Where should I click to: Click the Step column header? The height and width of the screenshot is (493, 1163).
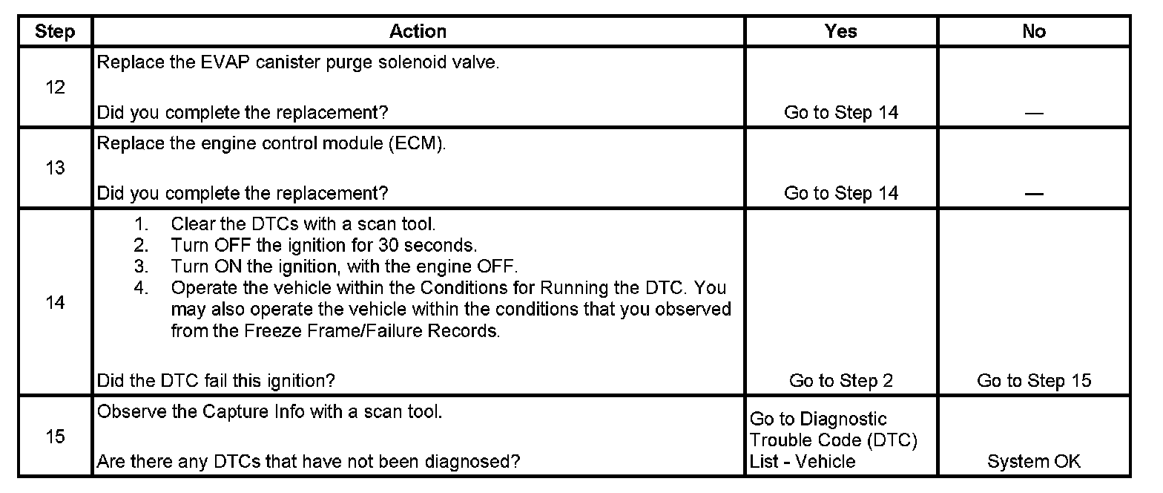click(55, 31)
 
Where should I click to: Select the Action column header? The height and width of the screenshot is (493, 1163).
click(418, 31)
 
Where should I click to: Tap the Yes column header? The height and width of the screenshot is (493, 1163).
click(840, 31)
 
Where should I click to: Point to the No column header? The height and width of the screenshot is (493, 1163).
click(1033, 31)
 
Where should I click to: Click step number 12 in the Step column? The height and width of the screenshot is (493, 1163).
click(55, 88)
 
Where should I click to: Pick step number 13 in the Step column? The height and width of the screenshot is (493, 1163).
click(55, 168)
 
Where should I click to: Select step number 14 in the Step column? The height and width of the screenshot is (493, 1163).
click(55, 303)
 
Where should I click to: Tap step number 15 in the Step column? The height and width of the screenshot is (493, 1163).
click(55, 437)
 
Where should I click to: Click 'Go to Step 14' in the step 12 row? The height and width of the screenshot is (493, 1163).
click(840, 113)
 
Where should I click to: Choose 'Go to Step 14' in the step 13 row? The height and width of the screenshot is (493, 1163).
click(840, 193)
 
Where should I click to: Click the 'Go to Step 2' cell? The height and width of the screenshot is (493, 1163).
click(840, 381)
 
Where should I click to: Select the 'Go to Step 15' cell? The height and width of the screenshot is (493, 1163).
click(1034, 381)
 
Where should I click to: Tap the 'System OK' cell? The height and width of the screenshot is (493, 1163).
click(1034, 461)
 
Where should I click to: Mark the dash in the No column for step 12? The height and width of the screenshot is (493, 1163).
click(1034, 114)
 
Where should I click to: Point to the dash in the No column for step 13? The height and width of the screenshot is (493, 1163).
click(1034, 195)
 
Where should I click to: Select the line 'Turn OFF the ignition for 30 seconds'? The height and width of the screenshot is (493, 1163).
click(324, 244)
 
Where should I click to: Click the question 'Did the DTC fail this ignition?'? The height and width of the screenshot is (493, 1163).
click(216, 381)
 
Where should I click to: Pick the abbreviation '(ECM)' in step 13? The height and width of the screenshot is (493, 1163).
click(416, 143)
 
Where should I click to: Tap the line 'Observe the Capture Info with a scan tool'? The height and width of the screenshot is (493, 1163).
click(269, 411)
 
